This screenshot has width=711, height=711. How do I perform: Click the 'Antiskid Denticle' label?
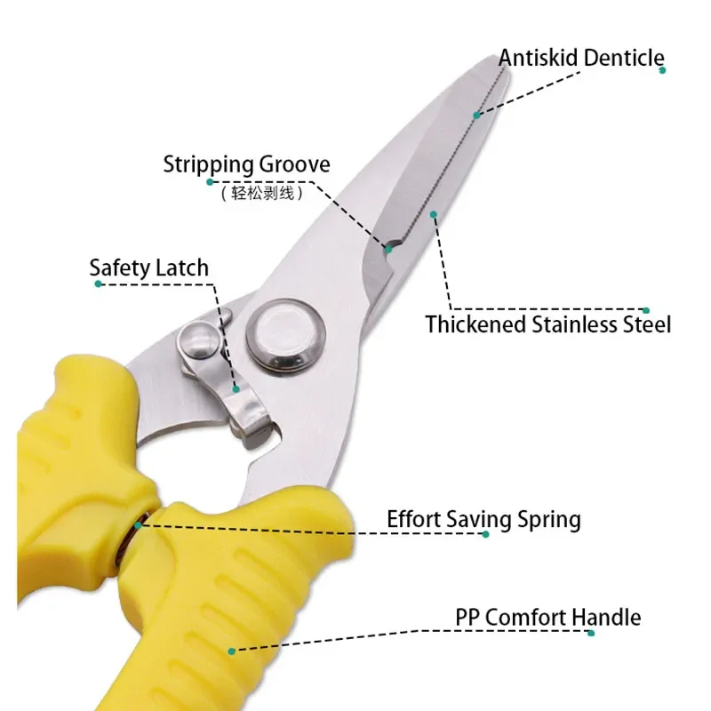(581, 58)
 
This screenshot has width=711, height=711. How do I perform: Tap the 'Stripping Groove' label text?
(247, 164)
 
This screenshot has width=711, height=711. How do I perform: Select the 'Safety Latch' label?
(148, 268)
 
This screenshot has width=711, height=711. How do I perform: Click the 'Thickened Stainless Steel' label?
(547, 324)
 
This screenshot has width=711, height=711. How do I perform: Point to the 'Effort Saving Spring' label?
(483, 520)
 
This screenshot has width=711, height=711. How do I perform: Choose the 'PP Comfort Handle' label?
(547, 617)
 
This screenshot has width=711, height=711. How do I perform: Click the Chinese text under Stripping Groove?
(262, 194)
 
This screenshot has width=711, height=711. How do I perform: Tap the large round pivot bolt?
(285, 336)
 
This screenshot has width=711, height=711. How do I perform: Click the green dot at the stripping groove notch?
(388, 250)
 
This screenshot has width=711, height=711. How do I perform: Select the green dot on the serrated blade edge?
(476, 116)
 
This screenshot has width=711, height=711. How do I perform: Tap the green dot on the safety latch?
(236, 389)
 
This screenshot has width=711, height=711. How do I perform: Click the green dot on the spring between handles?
(138, 525)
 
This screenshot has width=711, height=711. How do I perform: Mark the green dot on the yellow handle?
(232, 651)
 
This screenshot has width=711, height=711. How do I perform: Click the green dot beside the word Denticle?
(662, 70)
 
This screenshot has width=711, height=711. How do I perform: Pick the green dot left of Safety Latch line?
(98, 284)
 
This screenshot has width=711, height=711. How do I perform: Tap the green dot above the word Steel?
(646, 310)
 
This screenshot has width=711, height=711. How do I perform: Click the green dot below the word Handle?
(591, 633)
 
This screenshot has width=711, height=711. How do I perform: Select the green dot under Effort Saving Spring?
(485, 534)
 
